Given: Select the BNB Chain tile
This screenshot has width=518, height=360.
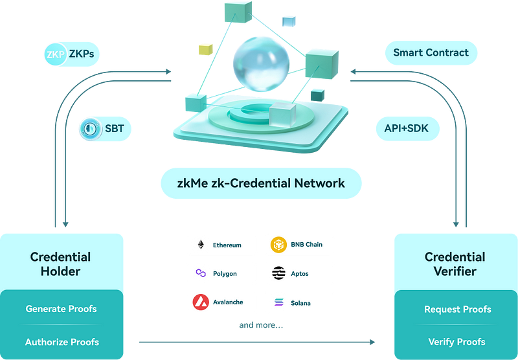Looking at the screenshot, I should click(x=299, y=245).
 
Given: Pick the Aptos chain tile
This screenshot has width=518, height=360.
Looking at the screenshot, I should click(x=299, y=274).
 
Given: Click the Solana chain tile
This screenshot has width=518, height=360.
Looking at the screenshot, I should click(x=299, y=302).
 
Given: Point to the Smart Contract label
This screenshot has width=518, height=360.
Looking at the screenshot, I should click(x=431, y=53).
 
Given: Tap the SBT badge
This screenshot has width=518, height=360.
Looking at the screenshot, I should click(x=104, y=129).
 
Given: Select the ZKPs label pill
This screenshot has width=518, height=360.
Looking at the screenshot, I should click(x=71, y=54).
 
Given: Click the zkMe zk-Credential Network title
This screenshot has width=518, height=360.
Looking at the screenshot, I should click(x=261, y=183).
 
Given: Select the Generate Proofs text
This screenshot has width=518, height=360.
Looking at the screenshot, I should click(x=62, y=309).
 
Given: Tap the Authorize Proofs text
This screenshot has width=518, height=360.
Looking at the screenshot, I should click(x=62, y=341).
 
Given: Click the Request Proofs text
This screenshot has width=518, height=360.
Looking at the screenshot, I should click(x=457, y=309).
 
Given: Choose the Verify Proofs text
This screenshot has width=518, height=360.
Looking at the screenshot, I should click(x=457, y=341).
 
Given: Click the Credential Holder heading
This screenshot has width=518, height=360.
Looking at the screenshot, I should click(x=61, y=264).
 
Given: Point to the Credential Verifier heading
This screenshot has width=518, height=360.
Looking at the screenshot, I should click(x=455, y=264).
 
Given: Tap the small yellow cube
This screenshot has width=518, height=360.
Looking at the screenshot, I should click(x=206, y=49).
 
